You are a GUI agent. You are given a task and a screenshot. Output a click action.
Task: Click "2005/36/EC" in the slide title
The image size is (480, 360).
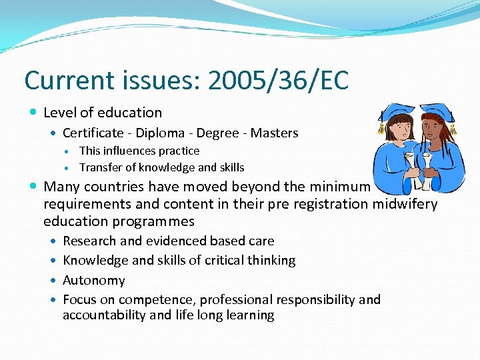278,81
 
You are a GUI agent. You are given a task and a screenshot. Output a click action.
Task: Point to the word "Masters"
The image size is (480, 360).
275,133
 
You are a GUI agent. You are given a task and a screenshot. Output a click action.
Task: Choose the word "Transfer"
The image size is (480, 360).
97,167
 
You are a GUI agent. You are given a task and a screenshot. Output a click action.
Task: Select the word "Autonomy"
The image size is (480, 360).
93,281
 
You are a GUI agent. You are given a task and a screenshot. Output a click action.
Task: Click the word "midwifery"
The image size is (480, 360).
409,204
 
